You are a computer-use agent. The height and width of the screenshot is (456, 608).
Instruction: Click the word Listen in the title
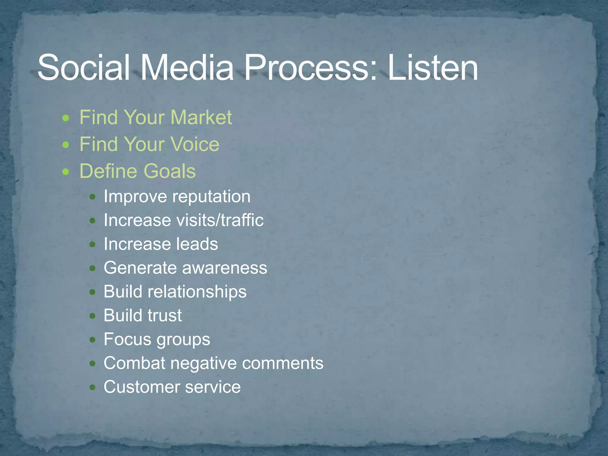tap(433, 68)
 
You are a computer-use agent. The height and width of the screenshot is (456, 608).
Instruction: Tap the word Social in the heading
tap(83, 68)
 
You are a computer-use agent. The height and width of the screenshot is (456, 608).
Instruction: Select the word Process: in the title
tap(311, 68)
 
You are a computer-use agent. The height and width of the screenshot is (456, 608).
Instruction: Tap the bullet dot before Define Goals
tap(66, 172)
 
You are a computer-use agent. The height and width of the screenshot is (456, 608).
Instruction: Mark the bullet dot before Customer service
tap(93, 387)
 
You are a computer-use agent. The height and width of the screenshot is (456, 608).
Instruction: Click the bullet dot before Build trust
tap(93, 316)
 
